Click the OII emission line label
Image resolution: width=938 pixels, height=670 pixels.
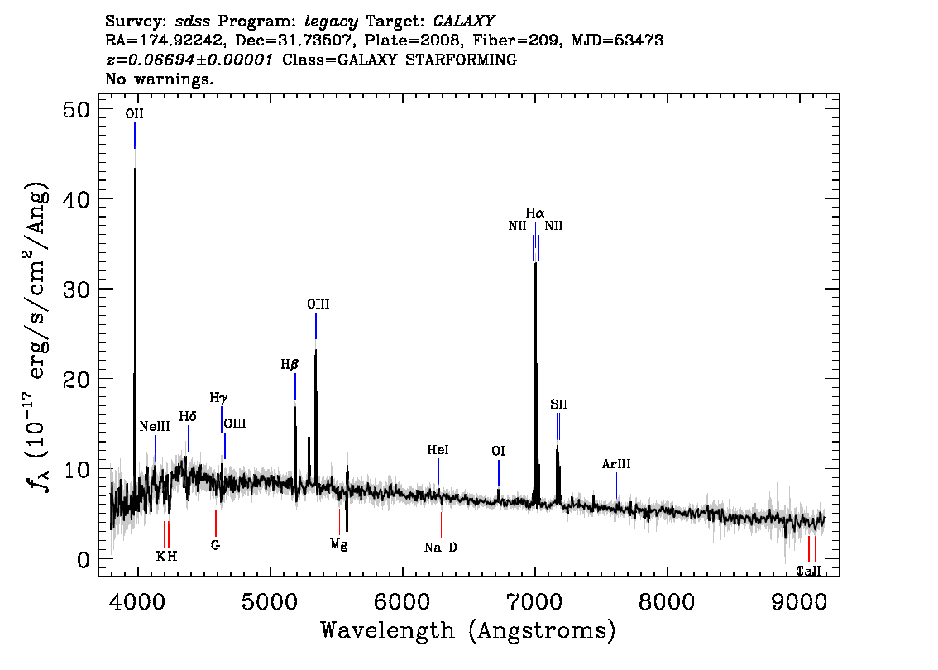(x=135, y=113)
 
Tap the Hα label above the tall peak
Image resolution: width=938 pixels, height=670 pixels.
(x=535, y=213)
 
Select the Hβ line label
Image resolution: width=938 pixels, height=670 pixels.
(x=290, y=364)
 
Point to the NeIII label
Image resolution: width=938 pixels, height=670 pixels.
(x=155, y=427)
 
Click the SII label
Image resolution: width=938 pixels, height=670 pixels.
(x=558, y=404)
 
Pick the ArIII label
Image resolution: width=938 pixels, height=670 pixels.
(x=616, y=463)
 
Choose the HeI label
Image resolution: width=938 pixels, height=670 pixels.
(x=438, y=450)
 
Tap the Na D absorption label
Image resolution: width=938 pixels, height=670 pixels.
(x=441, y=548)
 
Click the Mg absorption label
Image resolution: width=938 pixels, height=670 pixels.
(x=338, y=544)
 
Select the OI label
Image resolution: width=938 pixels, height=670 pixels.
(x=498, y=451)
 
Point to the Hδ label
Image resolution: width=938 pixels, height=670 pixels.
(x=188, y=416)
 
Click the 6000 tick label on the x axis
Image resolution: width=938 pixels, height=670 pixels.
(x=403, y=602)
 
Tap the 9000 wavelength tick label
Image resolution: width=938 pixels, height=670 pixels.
(x=799, y=602)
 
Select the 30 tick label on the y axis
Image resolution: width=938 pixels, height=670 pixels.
(x=76, y=289)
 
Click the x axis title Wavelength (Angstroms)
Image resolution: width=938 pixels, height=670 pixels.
(x=468, y=631)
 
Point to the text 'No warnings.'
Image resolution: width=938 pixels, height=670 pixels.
(x=159, y=79)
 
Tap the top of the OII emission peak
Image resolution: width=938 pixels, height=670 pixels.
(x=135, y=169)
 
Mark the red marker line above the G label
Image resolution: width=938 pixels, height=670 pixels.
(x=216, y=524)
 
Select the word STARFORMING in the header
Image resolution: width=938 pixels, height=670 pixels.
(x=461, y=60)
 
